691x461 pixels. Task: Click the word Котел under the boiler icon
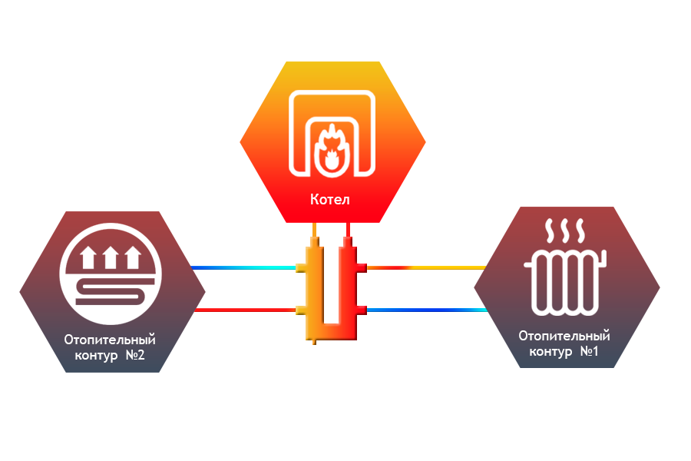coord(330,200)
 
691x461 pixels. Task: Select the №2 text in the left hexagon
coord(135,355)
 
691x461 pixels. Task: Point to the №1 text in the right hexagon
coord(589,351)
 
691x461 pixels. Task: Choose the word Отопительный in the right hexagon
coord(564,335)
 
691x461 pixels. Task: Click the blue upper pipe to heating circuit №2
coord(246,267)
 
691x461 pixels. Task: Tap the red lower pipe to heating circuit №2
coord(246,310)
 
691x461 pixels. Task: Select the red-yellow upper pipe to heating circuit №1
coord(426,267)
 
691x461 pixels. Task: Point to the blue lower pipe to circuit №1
coord(426,310)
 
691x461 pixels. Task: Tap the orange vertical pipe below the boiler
coord(314,230)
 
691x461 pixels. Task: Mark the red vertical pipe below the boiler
coord(349,230)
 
